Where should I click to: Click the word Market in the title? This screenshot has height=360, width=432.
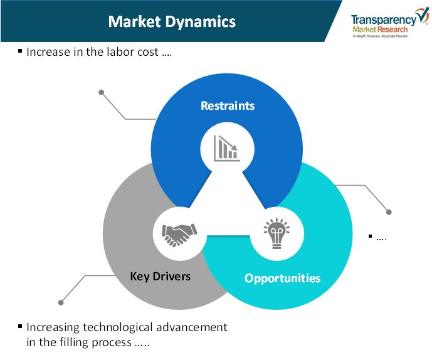point(134,21)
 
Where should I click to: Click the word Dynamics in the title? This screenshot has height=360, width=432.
point(200,22)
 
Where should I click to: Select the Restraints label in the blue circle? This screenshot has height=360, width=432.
point(228,106)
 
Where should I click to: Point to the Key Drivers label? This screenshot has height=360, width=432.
point(160,277)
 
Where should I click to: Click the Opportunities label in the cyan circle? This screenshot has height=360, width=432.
point(282,278)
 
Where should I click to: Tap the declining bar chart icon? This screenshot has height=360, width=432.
point(227,148)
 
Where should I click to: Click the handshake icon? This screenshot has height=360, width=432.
point(179,235)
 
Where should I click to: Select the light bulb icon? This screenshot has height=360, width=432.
point(277,233)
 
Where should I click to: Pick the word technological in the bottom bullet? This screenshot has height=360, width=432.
point(118,327)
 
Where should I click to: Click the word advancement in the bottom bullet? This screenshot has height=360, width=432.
point(192,327)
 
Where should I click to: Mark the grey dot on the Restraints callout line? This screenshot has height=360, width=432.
point(102,92)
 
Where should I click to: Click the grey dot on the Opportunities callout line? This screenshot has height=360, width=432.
point(389,212)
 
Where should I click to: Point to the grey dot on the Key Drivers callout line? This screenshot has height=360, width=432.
point(61,302)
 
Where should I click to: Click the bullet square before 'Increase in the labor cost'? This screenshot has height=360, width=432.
point(20,51)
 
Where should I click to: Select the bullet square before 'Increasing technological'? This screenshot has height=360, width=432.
point(20,326)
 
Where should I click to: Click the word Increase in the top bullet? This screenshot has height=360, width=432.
point(48,52)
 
